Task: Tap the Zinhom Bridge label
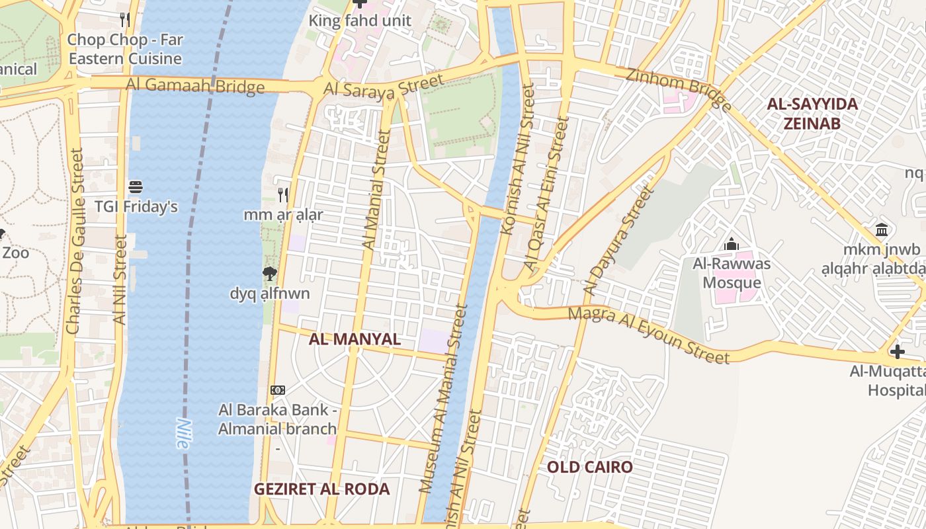(x=679, y=87)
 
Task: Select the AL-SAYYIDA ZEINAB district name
(x=812, y=114)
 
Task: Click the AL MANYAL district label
(x=355, y=339)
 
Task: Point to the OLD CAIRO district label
(x=589, y=468)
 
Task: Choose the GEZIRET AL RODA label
(x=322, y=489)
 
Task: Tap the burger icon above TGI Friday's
(x=136, y=187)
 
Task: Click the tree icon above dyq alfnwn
(x=269, y=274)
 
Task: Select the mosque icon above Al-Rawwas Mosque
(x=731, y=245)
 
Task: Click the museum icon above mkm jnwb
(x=882, y=230)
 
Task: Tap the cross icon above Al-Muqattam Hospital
(x=897, y=352)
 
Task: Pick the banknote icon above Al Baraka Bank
(x=278, y=390)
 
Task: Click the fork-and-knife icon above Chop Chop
(x=124, y=20)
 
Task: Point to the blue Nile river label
(x=183, y=434)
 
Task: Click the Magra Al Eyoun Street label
(x=649, y=335)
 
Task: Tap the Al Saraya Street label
(x=384, y=87)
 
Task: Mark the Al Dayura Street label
(x=618, y=241)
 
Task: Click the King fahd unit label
(x=360, y=20)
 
